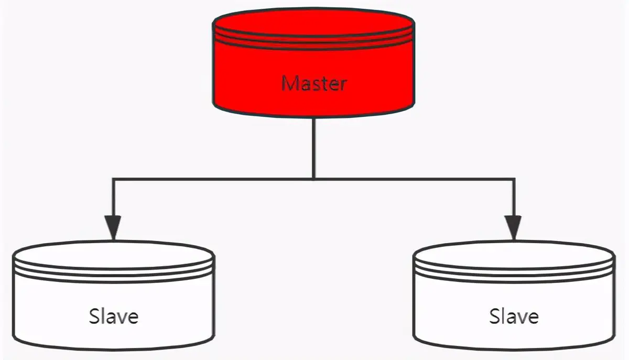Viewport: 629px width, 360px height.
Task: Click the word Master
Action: click(x=314, y=83)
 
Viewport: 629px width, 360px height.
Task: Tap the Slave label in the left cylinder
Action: click(x=114, y=317)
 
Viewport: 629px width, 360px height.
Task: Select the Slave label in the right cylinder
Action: click(x=514, y=317)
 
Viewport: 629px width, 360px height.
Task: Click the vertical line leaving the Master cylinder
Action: click(x=313, y=147)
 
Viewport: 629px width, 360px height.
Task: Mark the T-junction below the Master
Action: click(x=313, y=179)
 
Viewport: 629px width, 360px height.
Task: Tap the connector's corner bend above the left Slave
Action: click(x=113, y=179)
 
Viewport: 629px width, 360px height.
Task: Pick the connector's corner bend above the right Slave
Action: click(x=514, y=179)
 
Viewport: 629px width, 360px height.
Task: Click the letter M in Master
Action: click(x=288, y=83)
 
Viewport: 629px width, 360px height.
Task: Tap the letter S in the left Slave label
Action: click(x=94, y=317)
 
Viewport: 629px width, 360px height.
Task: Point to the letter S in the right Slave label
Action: click(x=494, y=317)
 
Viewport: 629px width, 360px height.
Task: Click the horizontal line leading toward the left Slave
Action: click(x=210, y=179)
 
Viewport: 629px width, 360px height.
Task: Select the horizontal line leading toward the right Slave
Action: click(x=414, y=179)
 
